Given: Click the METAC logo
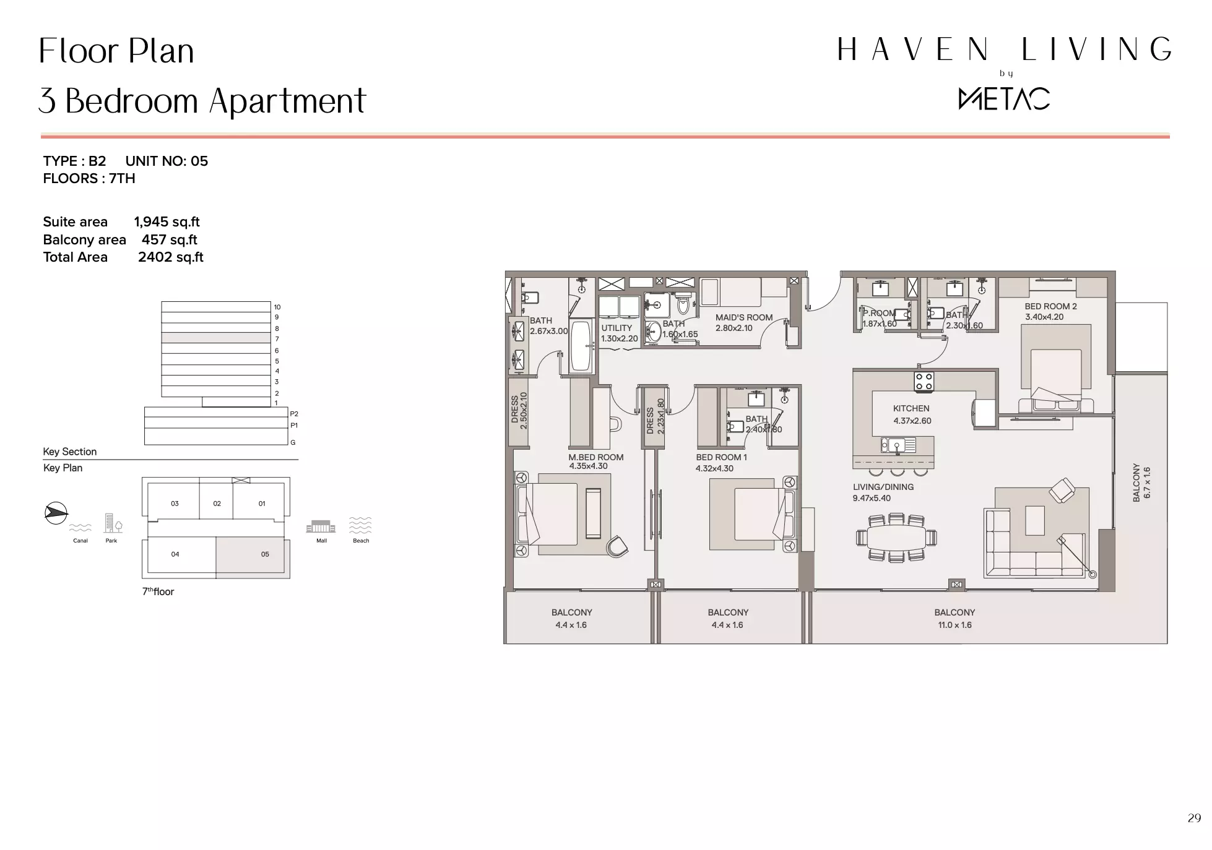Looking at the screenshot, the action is point(1004,99).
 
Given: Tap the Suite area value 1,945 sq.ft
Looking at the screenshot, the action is point(167,222).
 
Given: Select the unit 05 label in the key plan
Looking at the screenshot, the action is point(265,554).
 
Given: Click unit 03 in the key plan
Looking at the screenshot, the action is point(175,504).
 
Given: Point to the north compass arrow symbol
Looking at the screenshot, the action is point(56,513).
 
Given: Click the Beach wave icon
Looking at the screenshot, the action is point(360,525).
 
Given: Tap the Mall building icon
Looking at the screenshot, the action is point(321,526).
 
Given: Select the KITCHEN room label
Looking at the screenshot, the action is point(911,408).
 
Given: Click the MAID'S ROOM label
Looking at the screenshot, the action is point(744,317).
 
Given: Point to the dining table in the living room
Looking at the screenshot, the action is point(896,538).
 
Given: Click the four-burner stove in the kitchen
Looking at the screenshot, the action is point(924,381).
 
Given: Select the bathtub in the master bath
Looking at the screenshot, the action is point(581,345).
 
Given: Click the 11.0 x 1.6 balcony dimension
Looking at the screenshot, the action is point(954,625).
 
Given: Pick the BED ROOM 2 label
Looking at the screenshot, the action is point(1050,306).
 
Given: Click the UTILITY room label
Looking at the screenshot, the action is point(617,328).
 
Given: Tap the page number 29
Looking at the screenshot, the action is point(1194,818).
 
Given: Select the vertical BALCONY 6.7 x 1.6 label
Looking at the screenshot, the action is point(1141,483).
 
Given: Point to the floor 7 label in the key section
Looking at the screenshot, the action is point(277,339).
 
